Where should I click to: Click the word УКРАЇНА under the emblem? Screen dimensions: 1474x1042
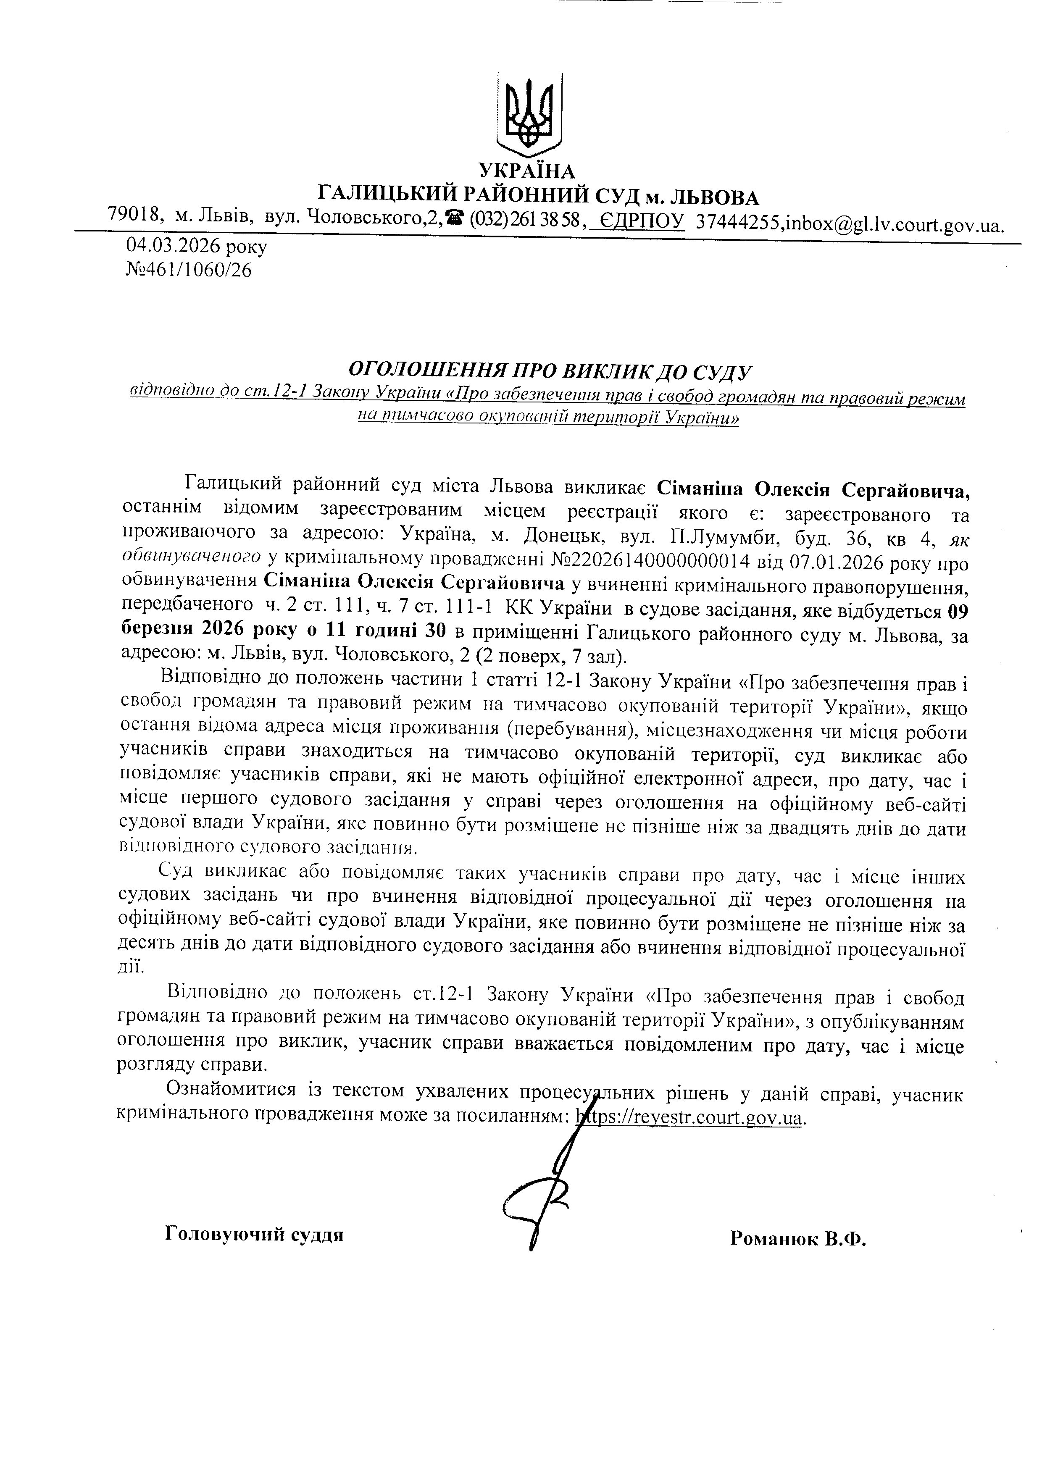528,171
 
